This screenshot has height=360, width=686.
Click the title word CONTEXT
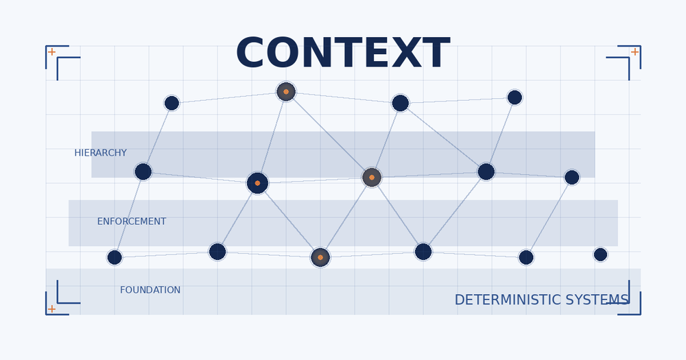(x=342, y=54)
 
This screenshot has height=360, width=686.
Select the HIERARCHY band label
(x=100, y=153)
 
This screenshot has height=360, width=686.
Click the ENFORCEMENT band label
(x=131, y=221)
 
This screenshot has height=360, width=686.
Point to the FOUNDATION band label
(x=150, y=290)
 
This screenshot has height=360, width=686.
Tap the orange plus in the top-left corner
(x=51, y=52)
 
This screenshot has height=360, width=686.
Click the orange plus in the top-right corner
(x=635, y=52)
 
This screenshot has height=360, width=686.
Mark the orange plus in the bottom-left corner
(x=51, y=309)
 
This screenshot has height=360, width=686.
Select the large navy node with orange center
(x=257, y=183)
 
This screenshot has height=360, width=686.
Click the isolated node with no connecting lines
(x=600, y=254)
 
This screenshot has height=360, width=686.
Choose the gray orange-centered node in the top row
(x=286, y=91)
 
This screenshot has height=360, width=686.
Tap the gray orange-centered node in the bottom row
(x=320, y=257)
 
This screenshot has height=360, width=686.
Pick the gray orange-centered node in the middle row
(x=372, y=177)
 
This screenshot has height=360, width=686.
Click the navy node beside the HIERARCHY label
(x=143, y=171)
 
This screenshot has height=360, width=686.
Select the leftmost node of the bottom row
(x=115, y=257)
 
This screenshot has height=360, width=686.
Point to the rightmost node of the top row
(x=514, y=97)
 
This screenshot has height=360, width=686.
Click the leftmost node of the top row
(x=171, y=103)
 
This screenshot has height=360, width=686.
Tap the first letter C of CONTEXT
(x=253, y=54)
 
